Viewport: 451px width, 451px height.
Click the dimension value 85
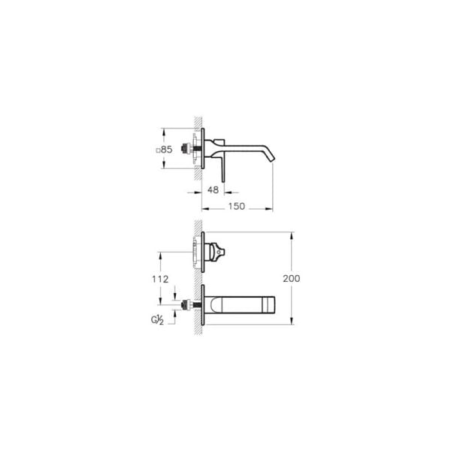pos(168,150)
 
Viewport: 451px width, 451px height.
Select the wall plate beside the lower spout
pos(203,304)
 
